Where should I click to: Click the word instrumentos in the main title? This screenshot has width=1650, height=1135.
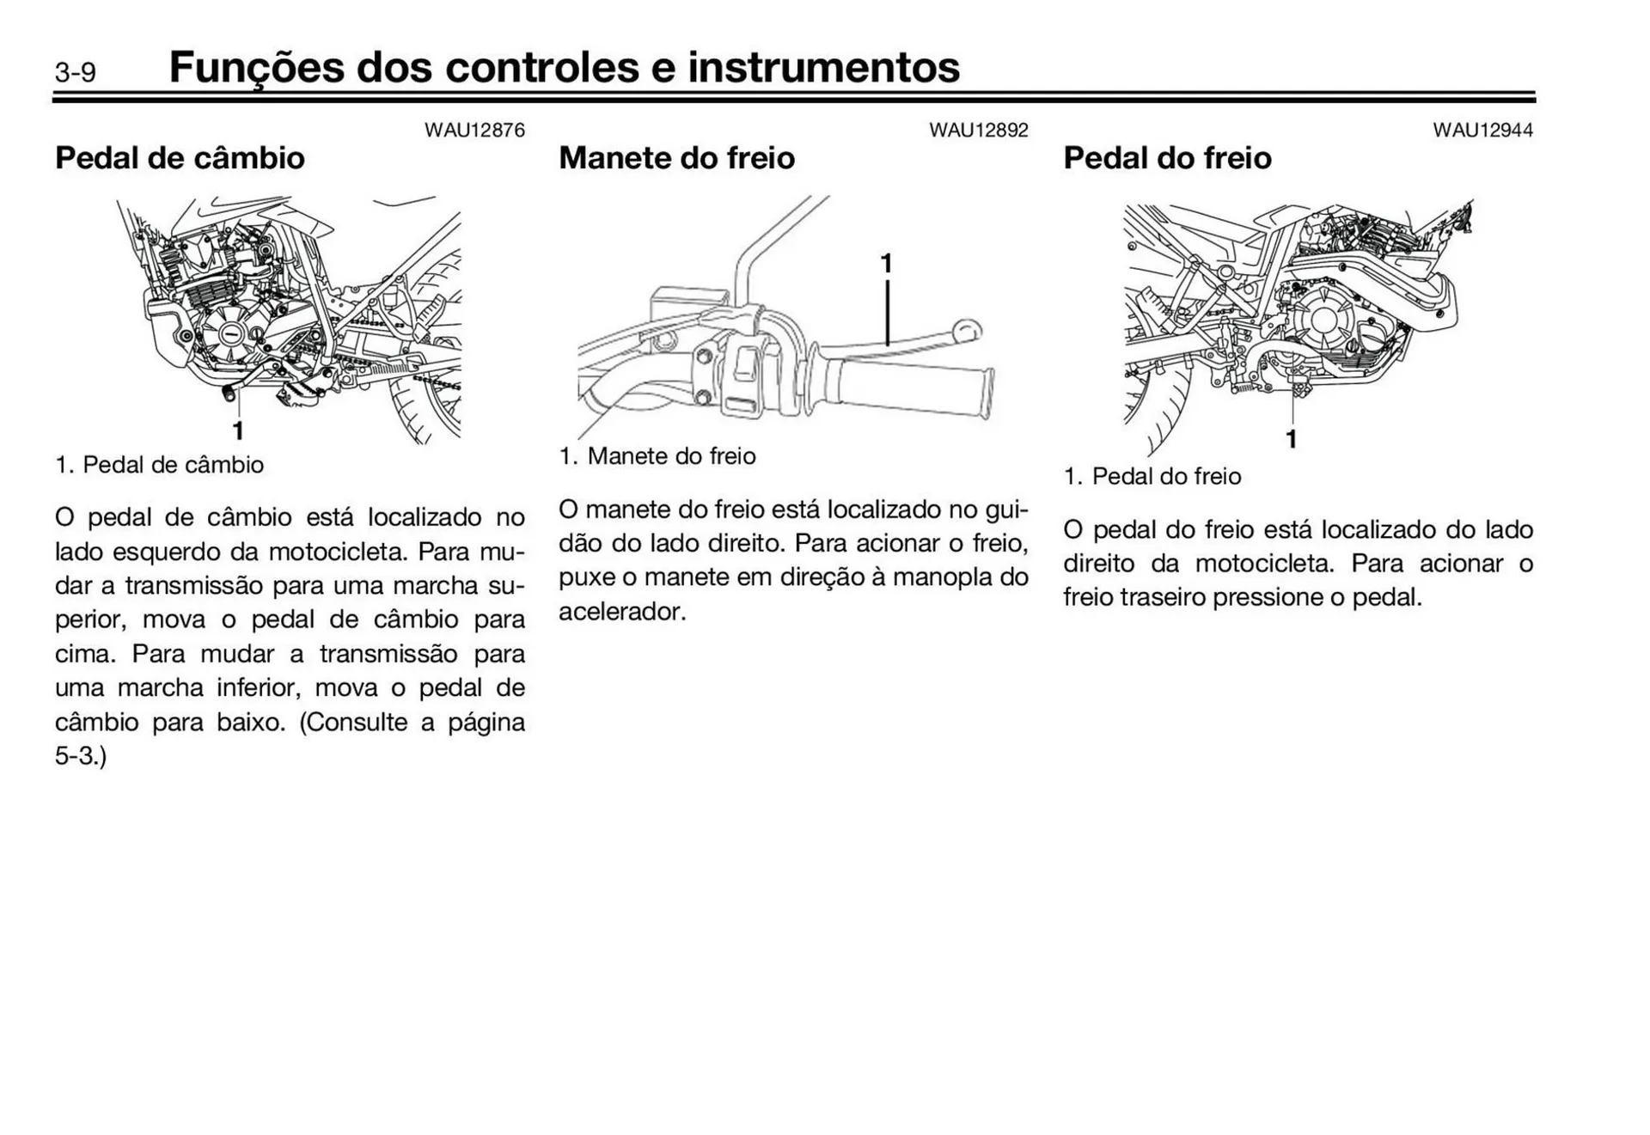(823, 67)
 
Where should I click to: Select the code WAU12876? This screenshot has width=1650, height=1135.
(474, 131)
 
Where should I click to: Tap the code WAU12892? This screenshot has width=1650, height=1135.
(978, 131)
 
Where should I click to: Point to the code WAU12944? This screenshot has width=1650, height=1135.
(1482, 131)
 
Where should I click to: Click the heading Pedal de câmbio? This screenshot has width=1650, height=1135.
(180, 158)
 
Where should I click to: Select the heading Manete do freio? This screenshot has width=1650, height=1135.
(676, 158)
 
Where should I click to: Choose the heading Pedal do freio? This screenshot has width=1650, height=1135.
(1167, 158)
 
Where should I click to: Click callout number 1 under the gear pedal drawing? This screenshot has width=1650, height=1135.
(238, 430)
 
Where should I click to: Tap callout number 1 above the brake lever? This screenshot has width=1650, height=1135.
(886, 264)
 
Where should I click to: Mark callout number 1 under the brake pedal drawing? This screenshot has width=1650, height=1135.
(1291, 439)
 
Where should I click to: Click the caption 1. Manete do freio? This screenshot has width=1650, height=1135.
(657, 456)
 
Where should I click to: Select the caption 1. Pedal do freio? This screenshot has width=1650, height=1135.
(1152, 476)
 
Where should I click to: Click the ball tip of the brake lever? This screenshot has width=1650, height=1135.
(968, 329)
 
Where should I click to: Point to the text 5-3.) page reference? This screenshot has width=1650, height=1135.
(81, 756)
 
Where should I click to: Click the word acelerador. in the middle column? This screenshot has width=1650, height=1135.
(622, 612)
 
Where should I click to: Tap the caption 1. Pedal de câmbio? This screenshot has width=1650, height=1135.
(160, 465)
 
